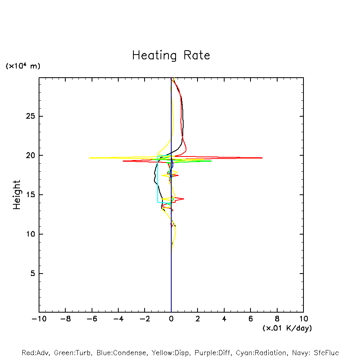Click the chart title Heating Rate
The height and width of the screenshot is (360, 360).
pos(171,55)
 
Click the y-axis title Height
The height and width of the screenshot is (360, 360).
pos(16,195)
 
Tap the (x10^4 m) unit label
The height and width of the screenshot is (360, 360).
pos(23,66)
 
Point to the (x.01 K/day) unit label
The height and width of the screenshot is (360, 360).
pos(287,328)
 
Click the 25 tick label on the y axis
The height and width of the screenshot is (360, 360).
pos(31,116)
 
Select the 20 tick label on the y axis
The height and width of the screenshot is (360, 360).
pos(31,155)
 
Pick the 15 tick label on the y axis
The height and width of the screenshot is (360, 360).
pos(31,195)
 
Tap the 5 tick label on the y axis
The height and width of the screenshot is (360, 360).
pos(33,274)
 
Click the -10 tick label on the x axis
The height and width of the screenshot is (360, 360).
pos(39,319)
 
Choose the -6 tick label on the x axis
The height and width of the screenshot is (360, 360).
pos(92,319)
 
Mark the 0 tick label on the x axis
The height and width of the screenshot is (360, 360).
pos(171,319)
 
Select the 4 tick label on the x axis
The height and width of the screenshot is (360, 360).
pos(224,319)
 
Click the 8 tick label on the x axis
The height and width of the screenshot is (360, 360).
pos(277,319)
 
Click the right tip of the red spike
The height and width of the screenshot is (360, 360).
pos(262,158)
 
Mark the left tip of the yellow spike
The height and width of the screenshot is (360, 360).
pos(90,158)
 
